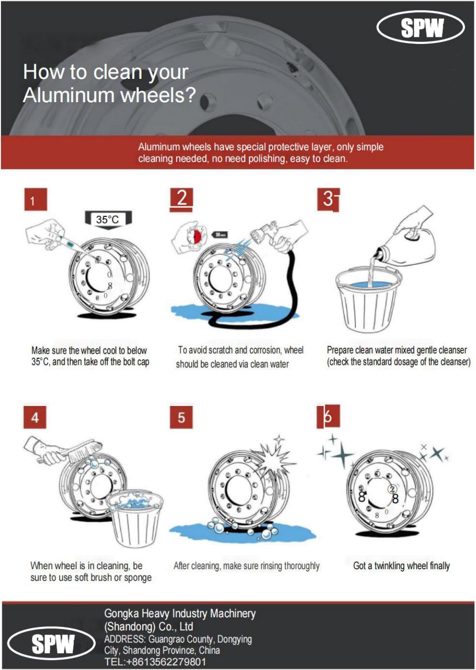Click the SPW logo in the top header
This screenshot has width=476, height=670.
(x=421, y=28)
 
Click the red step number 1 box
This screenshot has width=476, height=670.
(x=35, y=199)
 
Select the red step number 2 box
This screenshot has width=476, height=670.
(x=181, y=200)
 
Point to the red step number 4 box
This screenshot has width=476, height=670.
(x=35, y=417)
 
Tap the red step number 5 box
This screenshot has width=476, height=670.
(x=181, y=417)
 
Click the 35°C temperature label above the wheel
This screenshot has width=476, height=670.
(x=108, y=220)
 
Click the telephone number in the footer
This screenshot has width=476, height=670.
(x=155, y=661)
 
